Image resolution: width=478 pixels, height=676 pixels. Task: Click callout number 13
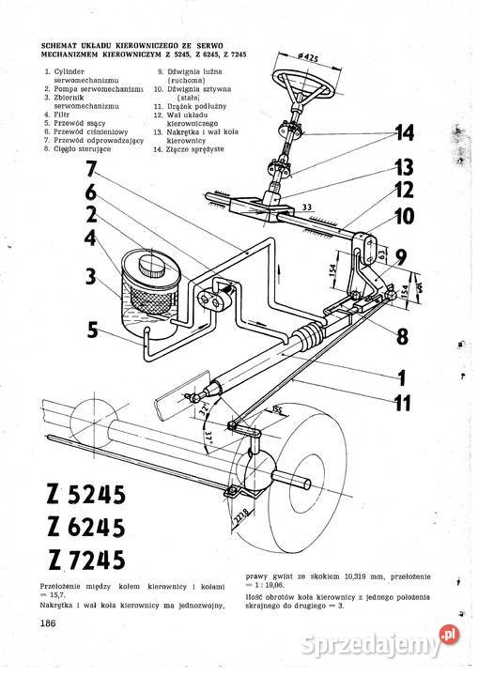point(404,167)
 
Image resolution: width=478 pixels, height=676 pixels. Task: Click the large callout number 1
point(400,379)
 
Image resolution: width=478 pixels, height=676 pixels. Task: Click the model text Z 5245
point(85,494)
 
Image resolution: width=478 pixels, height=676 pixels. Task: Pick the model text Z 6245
point(85,528)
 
